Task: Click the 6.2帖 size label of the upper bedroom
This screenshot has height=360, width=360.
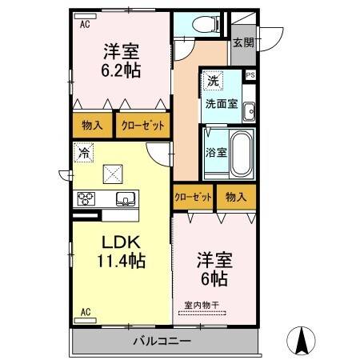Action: tap(122, 70)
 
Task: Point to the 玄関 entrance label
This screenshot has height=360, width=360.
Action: tap(243, 43)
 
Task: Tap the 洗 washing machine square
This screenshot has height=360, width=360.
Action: tap(212, 81)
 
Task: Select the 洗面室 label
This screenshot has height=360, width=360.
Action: tap(220, 103)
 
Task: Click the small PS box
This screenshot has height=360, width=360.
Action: tap(250, 75)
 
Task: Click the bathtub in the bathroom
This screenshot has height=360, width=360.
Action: tap(241, 154)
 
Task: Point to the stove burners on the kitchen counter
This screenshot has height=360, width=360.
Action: tap(86, 198)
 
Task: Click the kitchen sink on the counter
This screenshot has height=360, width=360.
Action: tap(125, 198)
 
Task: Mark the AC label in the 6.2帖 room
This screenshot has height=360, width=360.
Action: tap(85, 24)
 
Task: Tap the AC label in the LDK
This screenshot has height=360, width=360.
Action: tap(85, 312)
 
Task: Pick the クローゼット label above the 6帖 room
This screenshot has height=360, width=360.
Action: tap(193, 197)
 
